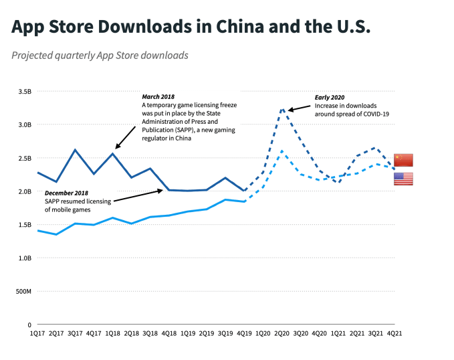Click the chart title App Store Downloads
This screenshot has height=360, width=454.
(191, 27)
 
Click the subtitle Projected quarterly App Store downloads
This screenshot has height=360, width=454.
(100, 55)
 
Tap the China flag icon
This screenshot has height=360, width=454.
(403, 160)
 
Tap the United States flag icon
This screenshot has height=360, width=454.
(403, 179)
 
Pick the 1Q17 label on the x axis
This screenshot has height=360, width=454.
(37, 332)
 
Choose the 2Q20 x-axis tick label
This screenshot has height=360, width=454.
(282, 332)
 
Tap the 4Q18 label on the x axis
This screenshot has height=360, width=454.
(169, 332)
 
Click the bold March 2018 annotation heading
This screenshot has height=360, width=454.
(158, 97)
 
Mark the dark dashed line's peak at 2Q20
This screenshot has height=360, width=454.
(282, 108)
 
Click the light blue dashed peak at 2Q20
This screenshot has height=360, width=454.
(282, 151)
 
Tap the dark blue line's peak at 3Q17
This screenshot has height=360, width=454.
(75, 149)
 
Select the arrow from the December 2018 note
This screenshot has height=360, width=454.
(137, 195)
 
